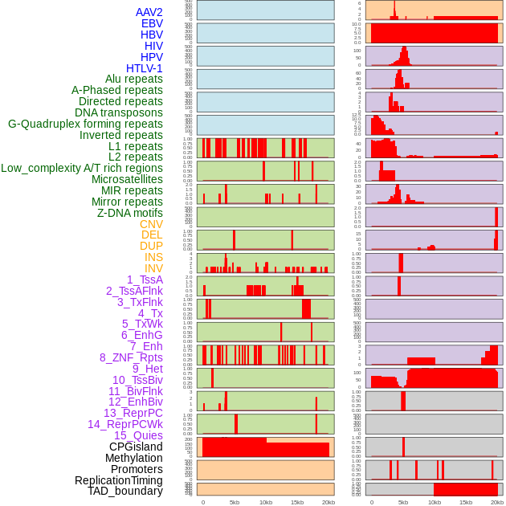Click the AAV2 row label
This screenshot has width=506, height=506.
coord(149,12)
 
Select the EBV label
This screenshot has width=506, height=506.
coord(152,23)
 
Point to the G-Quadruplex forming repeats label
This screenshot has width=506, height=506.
coord(85,124)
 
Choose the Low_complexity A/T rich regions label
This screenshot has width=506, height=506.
coord(82,168)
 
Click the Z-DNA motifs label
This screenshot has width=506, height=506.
coord(130,213)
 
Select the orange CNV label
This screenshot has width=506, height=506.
coord(151,224)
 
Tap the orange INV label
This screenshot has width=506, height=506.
coord(153,268)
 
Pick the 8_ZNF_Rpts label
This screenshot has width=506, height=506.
coord(131,357)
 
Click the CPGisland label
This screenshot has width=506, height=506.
coord(136,447)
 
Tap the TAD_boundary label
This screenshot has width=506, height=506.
coord(125,491)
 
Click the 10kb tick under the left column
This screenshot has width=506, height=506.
coord(266,502)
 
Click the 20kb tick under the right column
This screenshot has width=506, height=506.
coord(497,502)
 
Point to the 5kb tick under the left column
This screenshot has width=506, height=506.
coord(235,502)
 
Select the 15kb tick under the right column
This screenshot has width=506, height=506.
coord(466,502)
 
